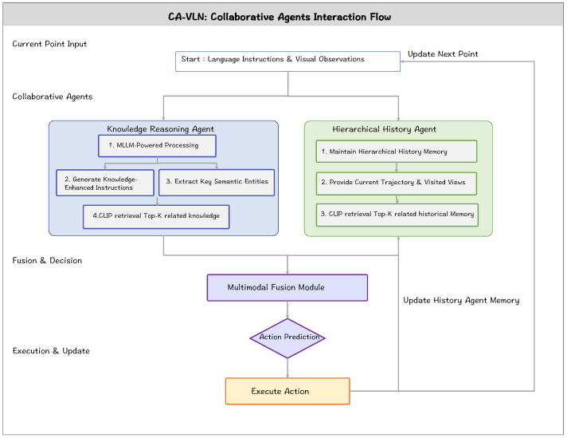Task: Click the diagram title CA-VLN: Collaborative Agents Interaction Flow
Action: [x=280, y=17]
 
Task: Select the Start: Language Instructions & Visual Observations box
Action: [x=287, y=61]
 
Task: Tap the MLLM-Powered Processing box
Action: [x=158, y=146]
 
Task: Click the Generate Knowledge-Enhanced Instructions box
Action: [x=105, y=183]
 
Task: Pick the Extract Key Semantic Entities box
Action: [x=217, y=183]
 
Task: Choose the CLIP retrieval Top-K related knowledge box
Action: [x=156, y=217]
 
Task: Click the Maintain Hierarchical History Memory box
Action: [x=397, y=152]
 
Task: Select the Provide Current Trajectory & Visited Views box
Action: [x=397, y=183]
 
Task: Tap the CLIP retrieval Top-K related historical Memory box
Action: [x=397, y=215]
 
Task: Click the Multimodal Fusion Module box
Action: [x=287, y=288]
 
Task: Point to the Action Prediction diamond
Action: [x=287, y=338]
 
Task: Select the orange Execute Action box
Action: [x=287, y=391]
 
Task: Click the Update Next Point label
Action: [x=443, y=54]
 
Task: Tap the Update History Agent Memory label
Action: [x=461, y=300]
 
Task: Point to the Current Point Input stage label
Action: [x=49, y=44]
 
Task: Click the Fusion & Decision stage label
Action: [x=47, y=260]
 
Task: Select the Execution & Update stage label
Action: [x=51, y=351]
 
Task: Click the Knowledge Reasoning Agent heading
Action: [x=160, y=129]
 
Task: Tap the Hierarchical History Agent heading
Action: [x=385, y=129]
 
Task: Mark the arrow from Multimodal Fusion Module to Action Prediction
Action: [x=287, y=310]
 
